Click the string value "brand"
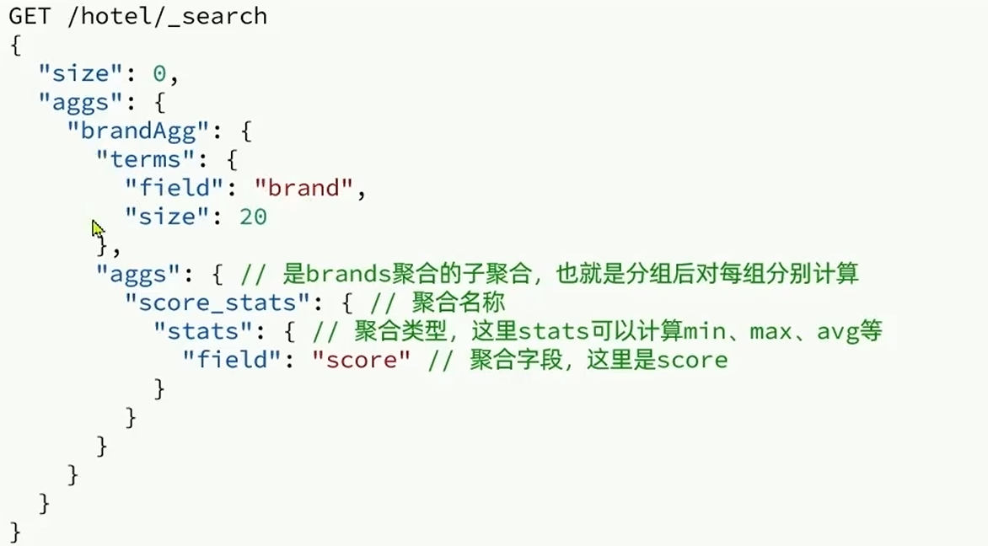pyautogui.click(x=303, y=189)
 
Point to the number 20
pyautogui.click(x=253, y=217)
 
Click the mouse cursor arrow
pyautogui.click(x=98, y=228)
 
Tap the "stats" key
pyautogui.click(x=196, y=332)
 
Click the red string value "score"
pyautogui.click(x=361, y=361)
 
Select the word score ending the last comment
pyautogui.click(x=692, y=361)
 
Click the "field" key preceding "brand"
pyautogui.click(x=175, y=189)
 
